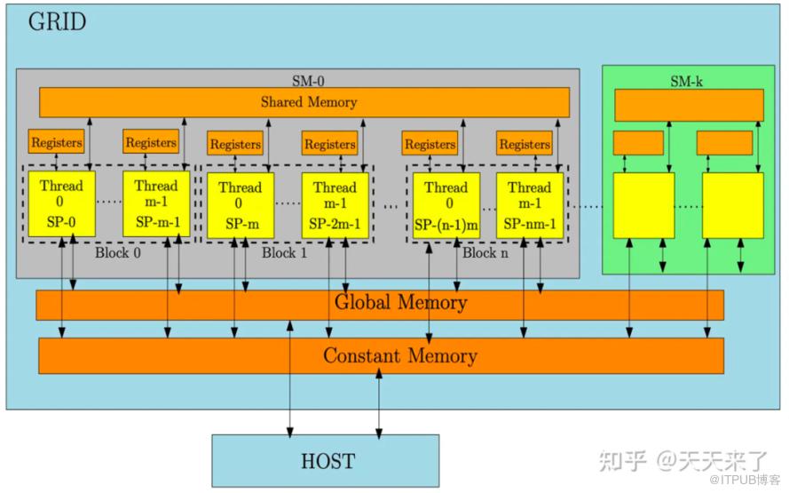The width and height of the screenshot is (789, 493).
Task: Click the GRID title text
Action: tap(57, 22)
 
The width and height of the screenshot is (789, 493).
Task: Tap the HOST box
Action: tap(325, 460)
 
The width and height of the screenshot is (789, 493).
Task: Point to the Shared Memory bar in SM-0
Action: tap(304, 102)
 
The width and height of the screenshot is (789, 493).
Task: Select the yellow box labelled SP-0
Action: tap(61, 204)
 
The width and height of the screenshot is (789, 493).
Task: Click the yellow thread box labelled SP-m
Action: tap(241, 206)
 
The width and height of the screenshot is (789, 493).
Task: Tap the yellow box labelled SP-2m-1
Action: tap(335, 206)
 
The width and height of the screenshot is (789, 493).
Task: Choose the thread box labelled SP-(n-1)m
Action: tap(446, 206)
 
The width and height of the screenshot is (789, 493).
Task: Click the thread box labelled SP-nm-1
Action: tap(529, 206)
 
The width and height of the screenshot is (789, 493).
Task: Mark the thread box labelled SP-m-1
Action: tap(156, 204)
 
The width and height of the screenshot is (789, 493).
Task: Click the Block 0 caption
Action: tap(117, 252)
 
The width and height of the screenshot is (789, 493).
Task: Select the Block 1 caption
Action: tap(284, 253)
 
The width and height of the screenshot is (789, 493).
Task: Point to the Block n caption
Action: tap(485, 253)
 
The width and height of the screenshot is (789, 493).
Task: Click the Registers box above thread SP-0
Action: tap(57, 141)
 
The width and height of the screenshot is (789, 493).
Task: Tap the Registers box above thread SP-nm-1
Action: tap(524, 143)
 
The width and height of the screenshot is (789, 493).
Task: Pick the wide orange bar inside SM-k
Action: tap(689, 105)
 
